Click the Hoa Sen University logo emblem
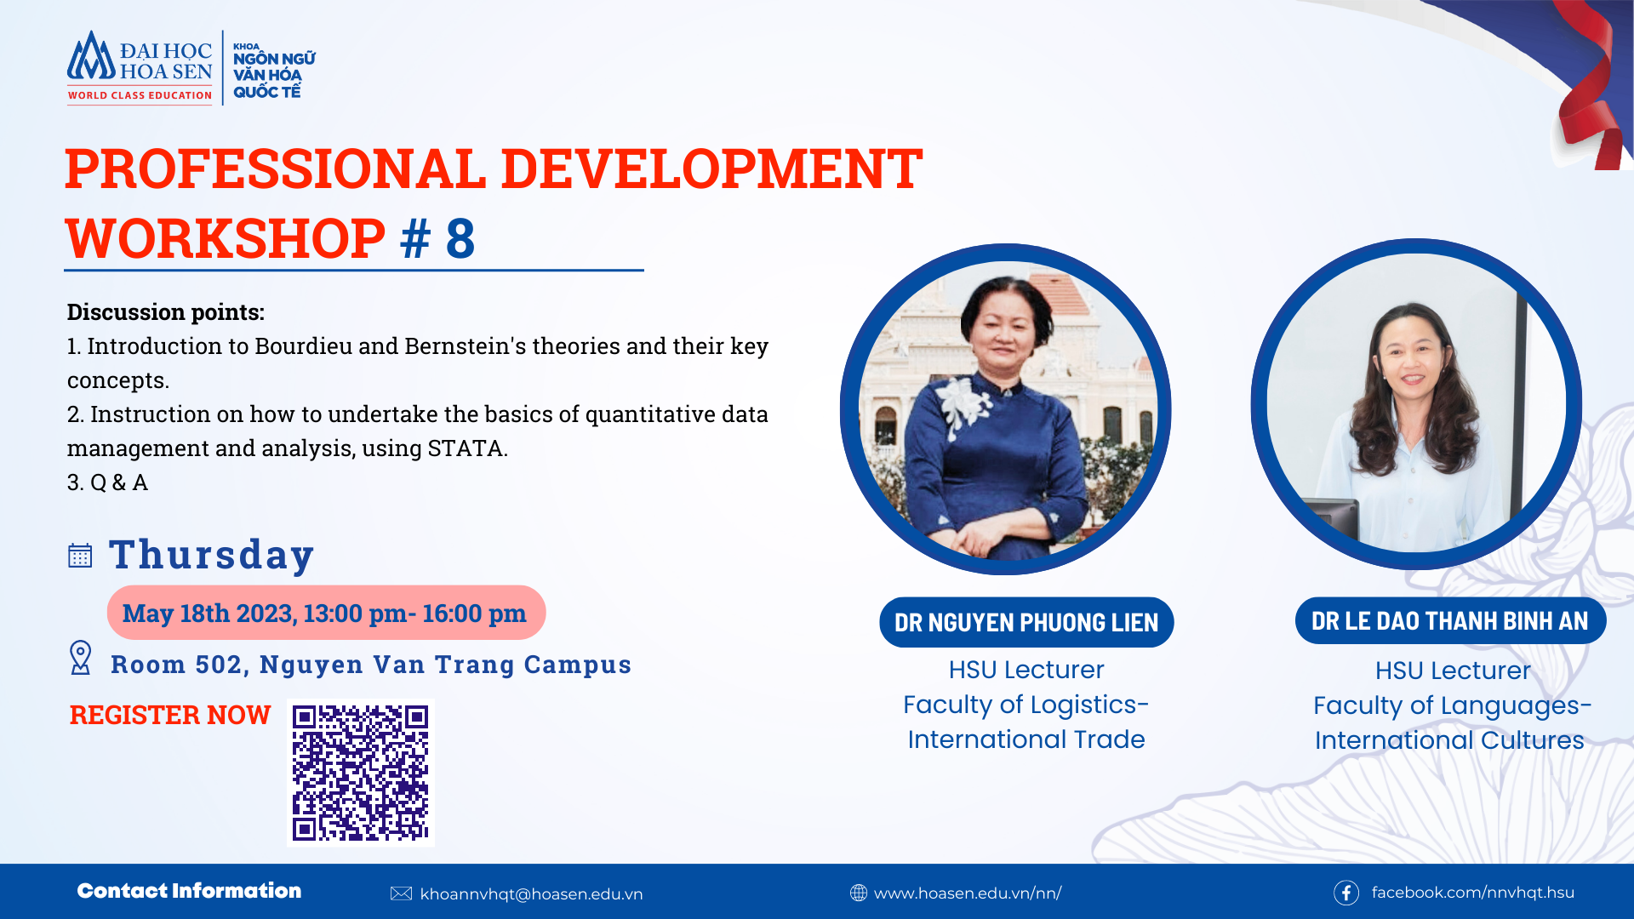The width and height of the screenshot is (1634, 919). pos(91,59)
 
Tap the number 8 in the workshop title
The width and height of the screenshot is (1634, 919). pos(460,238)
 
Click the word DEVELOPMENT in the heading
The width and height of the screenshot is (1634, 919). pos(711,168)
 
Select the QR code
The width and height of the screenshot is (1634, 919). pos(361,773)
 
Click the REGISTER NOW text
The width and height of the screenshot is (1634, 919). pos(170,715)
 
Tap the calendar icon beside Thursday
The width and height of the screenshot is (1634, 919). pos(80,556)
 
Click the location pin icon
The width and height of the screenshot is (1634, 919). pos(80,658)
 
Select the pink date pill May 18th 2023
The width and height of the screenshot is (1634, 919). pos(325,613)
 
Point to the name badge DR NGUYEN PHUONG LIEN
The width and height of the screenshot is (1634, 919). pos(1026,623)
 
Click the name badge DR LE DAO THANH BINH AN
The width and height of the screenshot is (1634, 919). pos(1449,621)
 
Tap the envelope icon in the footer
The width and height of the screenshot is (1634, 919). pos(401,893)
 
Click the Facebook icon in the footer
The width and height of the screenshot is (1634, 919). pos(1345,893)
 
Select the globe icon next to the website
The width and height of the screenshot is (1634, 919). pos(858,893)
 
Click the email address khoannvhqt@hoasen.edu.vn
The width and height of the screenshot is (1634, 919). pos(531,894)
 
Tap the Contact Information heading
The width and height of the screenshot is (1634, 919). pos(189,891)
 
